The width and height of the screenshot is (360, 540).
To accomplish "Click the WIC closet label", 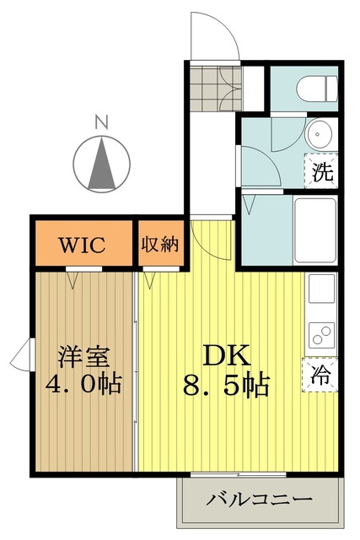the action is click(x=82, y=245).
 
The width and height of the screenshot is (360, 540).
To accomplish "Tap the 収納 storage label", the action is click(x=160, y=244).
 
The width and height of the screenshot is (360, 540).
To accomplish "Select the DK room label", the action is click(x=226, y=355).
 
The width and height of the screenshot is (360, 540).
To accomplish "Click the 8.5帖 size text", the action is click(x=226, y=385).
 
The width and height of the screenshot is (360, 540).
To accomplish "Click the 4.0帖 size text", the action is click(x=83, y=384).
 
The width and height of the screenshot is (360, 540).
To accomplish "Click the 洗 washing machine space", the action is click(x=321, y=170).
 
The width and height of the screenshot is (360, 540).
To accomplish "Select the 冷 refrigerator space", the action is click(x=320, y=375).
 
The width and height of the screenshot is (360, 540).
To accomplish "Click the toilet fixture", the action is click(x=317, y=89).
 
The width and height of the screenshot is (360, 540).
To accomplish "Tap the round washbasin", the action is click(x=320, y=134).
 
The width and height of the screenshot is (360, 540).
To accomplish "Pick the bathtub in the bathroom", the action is click(x=315, y=230).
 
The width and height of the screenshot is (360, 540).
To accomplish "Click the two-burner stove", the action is click(x=322, y=335).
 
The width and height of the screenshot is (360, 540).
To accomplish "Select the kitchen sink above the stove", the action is click(x=322, y=289).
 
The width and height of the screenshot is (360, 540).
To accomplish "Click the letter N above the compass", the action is click(x=101, y=121).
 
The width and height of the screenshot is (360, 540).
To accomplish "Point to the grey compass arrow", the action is click(x=101, y=163).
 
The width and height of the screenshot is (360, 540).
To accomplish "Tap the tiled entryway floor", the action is click(x=216, y=89).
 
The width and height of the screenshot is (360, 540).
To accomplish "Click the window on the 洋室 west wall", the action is click(x=24, y=354).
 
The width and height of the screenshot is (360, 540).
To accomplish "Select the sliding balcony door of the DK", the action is click(x=238, y=474).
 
